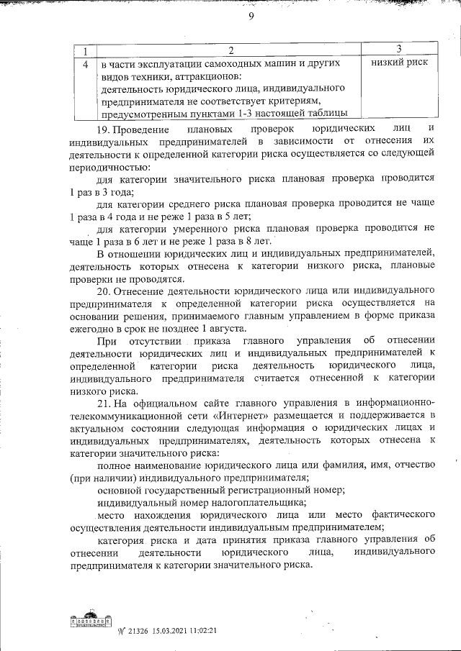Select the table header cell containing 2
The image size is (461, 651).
[230, 50]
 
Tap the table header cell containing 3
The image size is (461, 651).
[398, 50]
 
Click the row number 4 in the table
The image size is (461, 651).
[86, 63]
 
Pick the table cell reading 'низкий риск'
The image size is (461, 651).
[399, 63]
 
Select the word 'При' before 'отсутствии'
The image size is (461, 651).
[106, 341]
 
